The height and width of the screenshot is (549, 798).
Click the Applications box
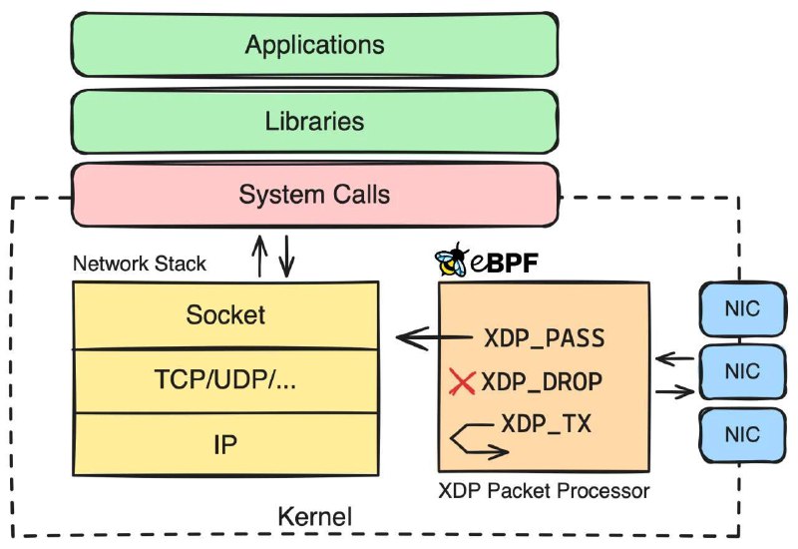coord(315,45)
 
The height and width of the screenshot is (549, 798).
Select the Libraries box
coord(315,121)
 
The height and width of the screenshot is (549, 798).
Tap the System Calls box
coord(315,195)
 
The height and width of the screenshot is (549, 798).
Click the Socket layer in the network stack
coord(225,315)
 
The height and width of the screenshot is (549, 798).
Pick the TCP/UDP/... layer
coord(225,380)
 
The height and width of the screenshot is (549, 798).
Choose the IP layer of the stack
coord(225,444)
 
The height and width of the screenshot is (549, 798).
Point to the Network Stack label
coord(140,264)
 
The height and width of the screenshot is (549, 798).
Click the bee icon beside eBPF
coord(452,260)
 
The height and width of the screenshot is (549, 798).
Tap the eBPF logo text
coord(504,263)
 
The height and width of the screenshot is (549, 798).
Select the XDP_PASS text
coord(544,338)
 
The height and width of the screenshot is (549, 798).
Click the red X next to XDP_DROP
coord(462,382)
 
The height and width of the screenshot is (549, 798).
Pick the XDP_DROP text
coord(542,382)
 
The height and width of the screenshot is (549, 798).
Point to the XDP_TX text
coord(546,423)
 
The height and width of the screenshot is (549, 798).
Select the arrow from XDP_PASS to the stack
coord(434,337)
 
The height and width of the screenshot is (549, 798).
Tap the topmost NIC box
coord(742,309)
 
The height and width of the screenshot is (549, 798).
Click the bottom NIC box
coord(742,435)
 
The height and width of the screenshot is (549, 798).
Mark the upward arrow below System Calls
coord(259,257)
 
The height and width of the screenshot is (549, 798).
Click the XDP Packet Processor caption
coord(544,491)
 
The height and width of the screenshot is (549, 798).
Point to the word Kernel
coord(315,517)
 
